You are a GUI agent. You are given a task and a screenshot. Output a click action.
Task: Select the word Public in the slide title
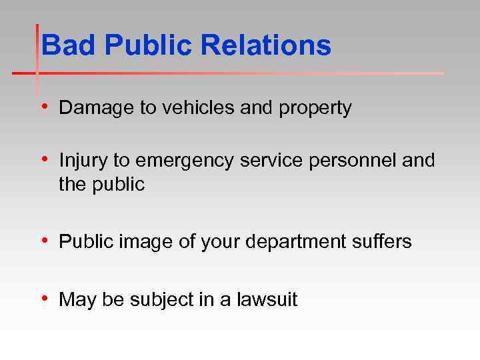pyautogui.click(x=149, y=46)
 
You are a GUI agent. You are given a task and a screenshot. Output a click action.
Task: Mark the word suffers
pyautogui.click(x=383, y=241)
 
